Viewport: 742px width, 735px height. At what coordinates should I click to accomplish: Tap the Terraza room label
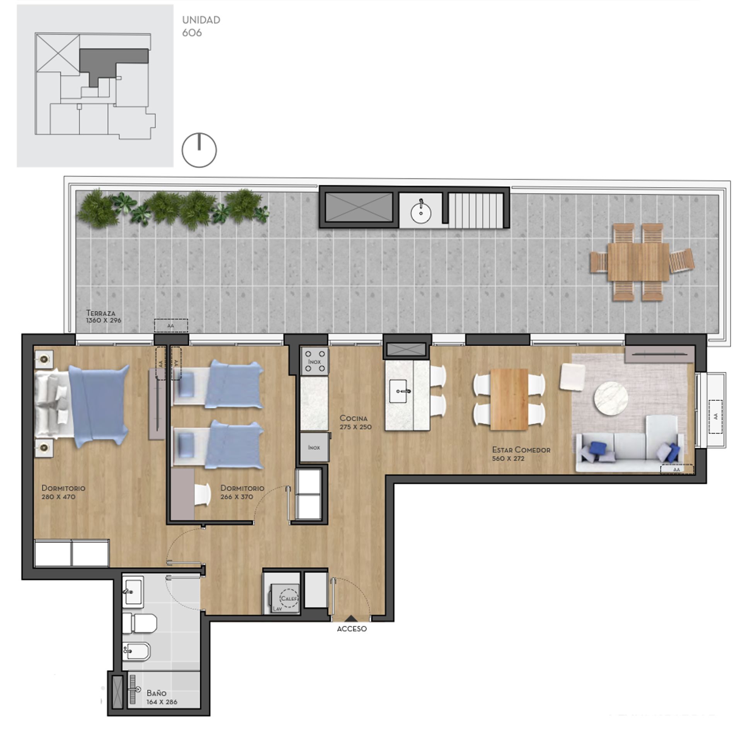(x=100, y=313)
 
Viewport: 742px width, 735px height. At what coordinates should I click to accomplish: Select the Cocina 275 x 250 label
(x=355, y=422)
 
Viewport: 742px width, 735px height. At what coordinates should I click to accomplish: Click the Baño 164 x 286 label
(x=162, y=698)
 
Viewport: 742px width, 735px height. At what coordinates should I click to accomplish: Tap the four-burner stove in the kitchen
(x=315, y=361)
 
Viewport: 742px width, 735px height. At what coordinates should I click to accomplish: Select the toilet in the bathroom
(x=140, y=623)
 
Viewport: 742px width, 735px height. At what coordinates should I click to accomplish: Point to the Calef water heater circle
(x=289, y=598)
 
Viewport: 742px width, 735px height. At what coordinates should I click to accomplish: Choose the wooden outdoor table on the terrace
(x=638, y=262)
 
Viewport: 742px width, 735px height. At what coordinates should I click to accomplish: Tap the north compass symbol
(x=199, y=150)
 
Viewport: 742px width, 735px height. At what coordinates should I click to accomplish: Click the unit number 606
(x=192, y=33)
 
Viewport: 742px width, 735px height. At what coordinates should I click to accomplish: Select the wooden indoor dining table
(x=509, y=399)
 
